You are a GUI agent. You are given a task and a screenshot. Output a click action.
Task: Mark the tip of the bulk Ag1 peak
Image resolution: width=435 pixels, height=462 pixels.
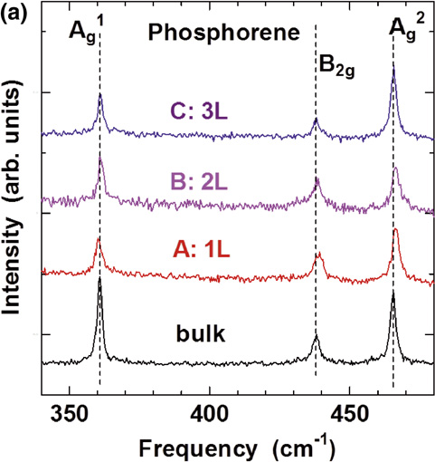99,277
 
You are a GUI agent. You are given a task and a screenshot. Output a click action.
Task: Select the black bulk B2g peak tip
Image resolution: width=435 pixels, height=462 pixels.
316,336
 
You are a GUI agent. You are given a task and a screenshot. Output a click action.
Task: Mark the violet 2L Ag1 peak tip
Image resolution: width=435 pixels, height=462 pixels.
100,159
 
